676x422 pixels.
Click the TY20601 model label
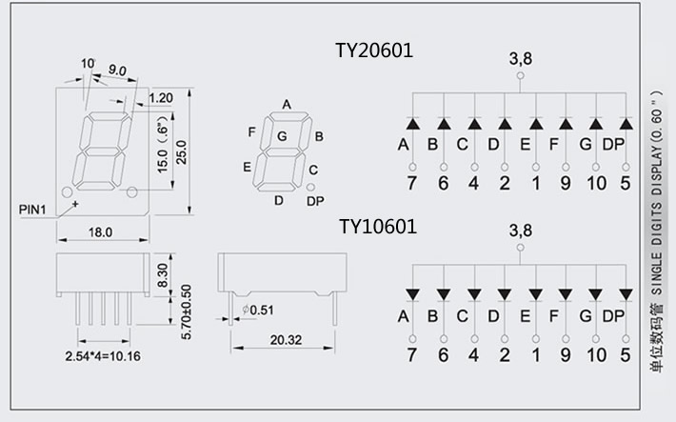(x=375, y=50)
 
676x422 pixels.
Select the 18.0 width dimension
(x=101, y=231)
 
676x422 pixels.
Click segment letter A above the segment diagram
(x=287, y=104)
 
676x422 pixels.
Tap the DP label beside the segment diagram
(x=315, y=200)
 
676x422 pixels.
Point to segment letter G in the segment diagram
(x=282, y=136)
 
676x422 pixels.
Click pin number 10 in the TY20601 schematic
(x=596, y=182)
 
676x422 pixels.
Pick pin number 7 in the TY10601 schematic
(x=412, y=355)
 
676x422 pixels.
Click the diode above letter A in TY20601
(x=412, y=123)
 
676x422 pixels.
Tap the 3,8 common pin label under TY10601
(x=520, y=230)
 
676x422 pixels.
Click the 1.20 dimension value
(x=160, y=97)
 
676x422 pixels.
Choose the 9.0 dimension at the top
(x=119, y=70)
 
